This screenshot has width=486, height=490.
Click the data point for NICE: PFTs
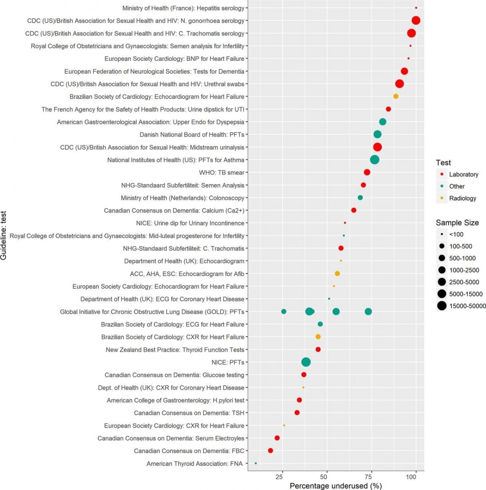click(x=306, y=362)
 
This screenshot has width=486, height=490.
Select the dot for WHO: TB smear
click(x=367, y=172)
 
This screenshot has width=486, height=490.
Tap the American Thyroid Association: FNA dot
click(x=256, y=463)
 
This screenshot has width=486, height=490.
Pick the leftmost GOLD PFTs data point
click(x=284, y=312)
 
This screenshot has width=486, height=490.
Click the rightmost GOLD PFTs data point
click(x=368, y=312)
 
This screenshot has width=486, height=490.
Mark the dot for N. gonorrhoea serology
click(x=416, y=21)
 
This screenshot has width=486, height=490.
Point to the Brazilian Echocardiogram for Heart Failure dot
click(x=396, y=96)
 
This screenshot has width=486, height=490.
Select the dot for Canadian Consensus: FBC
click(x=270, y=451)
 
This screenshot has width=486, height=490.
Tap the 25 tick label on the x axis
click(x=279, y=477)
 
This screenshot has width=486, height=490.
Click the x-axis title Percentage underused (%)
click(x=336, y=486)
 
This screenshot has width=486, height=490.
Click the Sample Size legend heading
click(x=457, y=223)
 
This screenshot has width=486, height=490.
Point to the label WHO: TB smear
click(x=221, y=173)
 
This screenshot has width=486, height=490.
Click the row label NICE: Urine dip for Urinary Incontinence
click(x=190, y=223)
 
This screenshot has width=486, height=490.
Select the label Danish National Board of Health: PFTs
click(x=192, y=135)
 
